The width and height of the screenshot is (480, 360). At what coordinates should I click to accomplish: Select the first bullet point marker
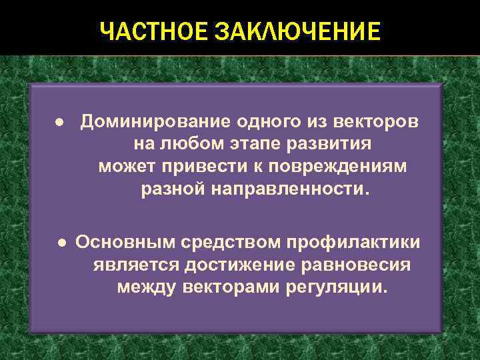tap(41, 123)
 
